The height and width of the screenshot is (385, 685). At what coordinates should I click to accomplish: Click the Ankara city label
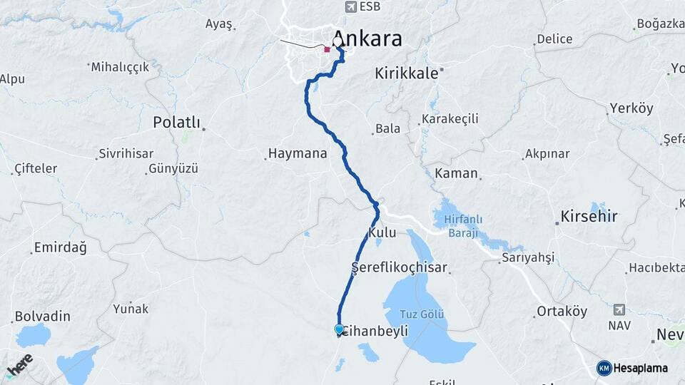(x=368, y=38)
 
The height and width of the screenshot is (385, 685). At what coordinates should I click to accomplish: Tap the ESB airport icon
(x=350, y=7)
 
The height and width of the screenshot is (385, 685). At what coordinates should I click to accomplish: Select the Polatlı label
(x=177, y=123)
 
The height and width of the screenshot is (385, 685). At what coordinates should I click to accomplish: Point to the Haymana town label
(x=297, y=153)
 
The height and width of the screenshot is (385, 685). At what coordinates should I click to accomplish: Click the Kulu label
(x=382, y=233)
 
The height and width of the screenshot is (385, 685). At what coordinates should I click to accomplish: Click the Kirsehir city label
(x=589, y=216)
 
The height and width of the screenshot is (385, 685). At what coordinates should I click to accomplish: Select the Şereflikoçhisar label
(x=400, y=268)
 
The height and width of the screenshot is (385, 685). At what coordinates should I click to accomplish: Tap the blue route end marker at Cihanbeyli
(x=339, y=329)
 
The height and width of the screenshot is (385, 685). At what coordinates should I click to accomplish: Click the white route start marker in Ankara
(x=338, y=42)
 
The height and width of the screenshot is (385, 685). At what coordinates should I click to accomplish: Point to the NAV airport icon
(x=618, y=310)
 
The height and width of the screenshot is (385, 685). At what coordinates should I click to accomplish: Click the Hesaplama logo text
(x=641, y=368)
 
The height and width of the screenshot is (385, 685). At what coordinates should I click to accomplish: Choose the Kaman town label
(x=456, y=173)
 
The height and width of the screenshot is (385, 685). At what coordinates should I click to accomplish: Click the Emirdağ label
(x=60, y=248)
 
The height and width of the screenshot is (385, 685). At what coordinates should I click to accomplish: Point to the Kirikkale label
(x=406, y=73)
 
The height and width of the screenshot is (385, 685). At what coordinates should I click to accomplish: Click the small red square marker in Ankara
(x=327, y=49)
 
